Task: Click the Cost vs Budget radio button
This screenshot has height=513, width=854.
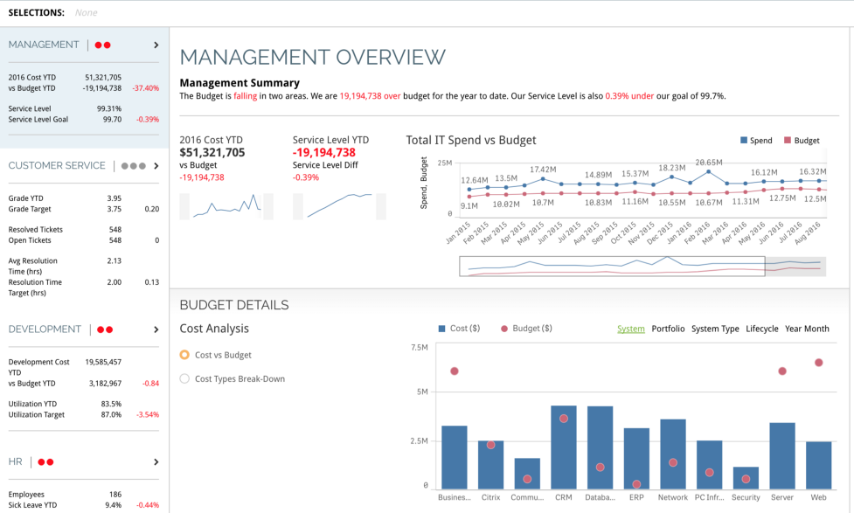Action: (x=184, y=355)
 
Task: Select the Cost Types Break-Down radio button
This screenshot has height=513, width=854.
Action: (x=184, y=378)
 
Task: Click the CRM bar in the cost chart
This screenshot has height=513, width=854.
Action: (x=563, y=447)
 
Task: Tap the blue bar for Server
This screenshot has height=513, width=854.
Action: (x=781, y=455)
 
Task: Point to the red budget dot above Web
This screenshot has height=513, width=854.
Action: (x=819, y=362)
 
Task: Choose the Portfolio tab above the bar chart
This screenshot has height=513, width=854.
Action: (x=668, y=329)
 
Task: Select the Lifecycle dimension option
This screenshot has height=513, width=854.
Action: (x=761, y=329)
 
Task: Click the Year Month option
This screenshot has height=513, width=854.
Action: (x=807, y=329)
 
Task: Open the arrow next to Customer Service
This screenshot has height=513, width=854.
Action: (x=156, y=166)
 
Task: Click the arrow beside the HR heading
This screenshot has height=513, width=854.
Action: (x=156, y=461)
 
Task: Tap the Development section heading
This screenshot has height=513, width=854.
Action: (x=45, y=329)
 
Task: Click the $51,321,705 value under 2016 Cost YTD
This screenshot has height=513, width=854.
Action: (x=212, y=153)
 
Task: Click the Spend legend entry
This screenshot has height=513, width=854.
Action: (x=756, y=140)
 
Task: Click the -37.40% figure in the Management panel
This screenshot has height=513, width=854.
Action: (x=145, y=88)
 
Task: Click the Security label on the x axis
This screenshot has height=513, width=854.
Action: (x=746, y=497)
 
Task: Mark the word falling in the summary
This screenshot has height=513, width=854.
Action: (x=246, y=96)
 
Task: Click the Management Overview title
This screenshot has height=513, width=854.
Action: (x=312, y=58)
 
